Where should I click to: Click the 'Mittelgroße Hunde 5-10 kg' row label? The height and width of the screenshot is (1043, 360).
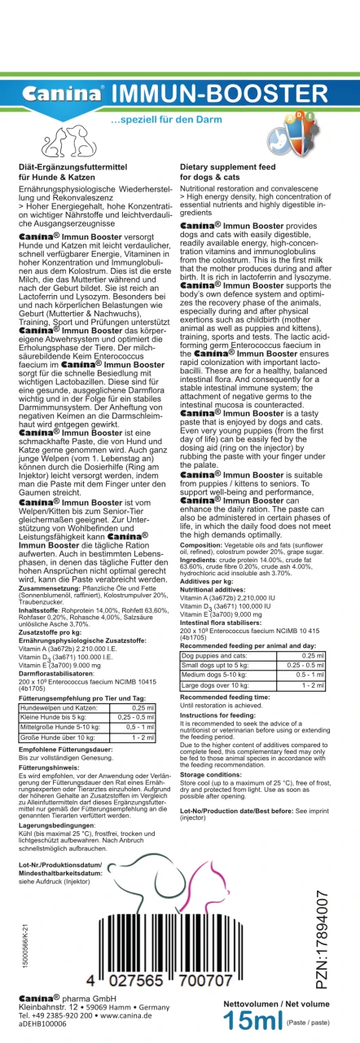61,726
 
